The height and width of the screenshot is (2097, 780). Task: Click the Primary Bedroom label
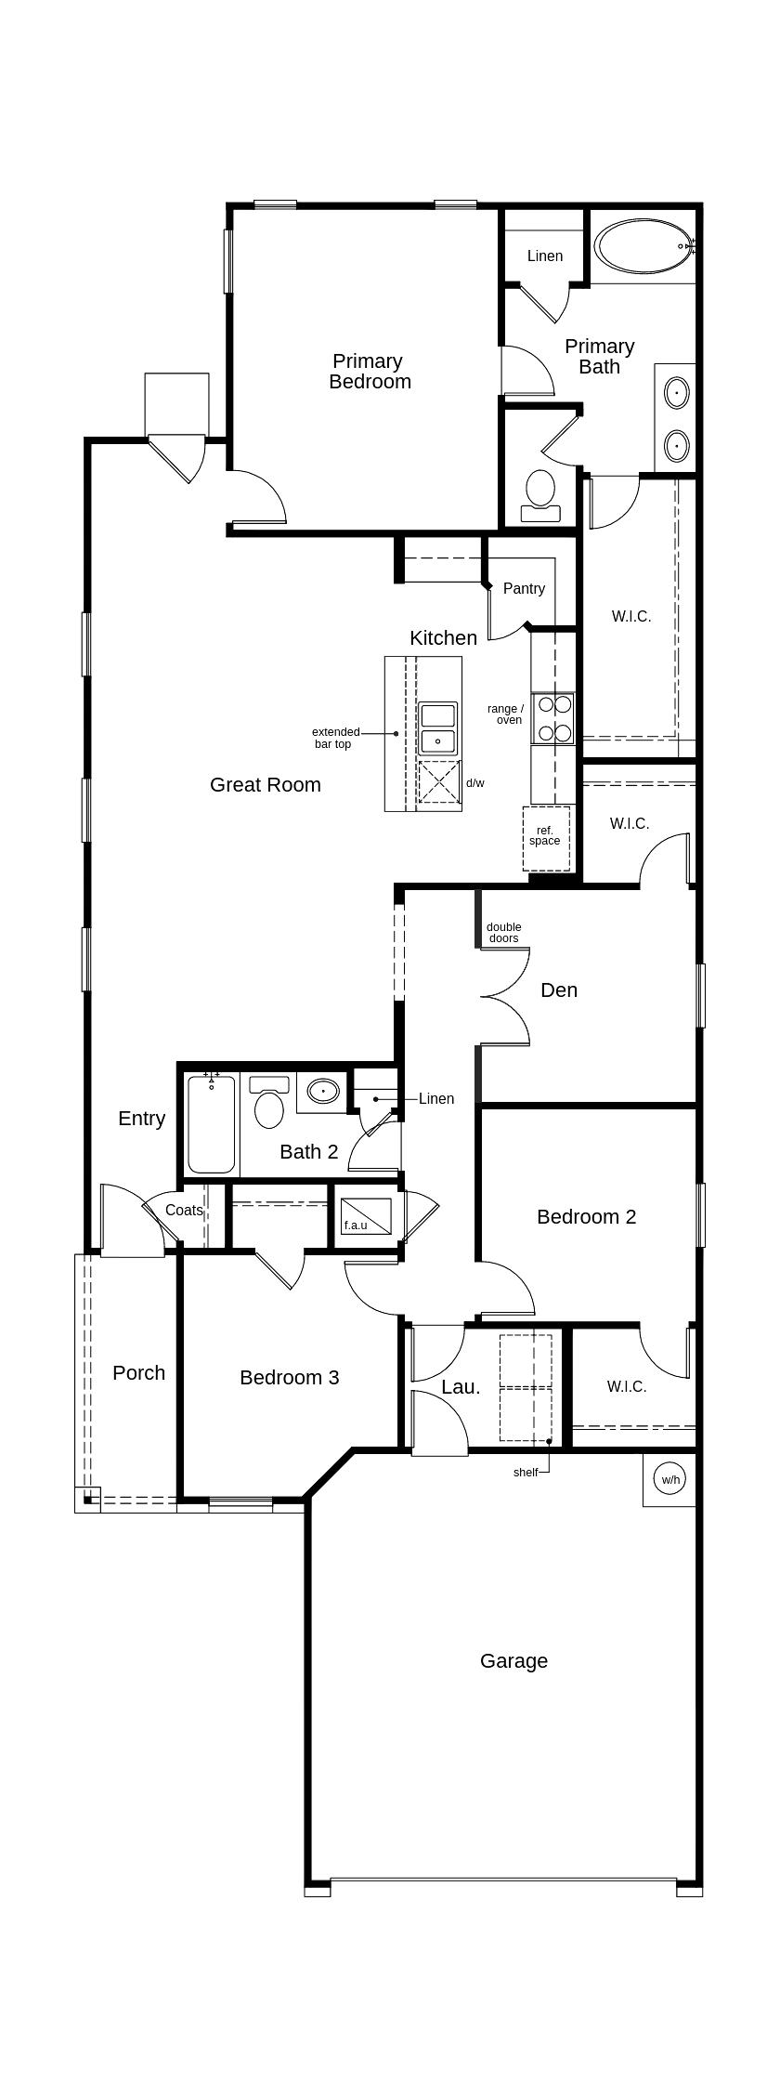click(369, 372)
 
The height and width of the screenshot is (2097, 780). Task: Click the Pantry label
click(524, 588)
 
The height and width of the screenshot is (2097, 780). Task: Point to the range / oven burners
click(553, 718)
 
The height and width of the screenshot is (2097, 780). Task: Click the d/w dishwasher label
click(474, 783)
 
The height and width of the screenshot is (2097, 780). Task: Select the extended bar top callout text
click(333, 738)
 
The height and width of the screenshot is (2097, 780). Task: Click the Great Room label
click(265, 784)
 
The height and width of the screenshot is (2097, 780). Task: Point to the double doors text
click(503, 932)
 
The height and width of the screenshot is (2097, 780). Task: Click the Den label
click(558, 990)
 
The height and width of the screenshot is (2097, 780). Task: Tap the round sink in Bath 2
click(323, 1091)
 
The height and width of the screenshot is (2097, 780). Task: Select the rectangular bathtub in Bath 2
click(212, 1123)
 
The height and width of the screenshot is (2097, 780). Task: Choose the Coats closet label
click(184, 1210)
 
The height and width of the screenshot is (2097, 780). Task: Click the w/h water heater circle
click(670, 1479)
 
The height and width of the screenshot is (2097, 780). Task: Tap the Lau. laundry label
click(461, 1387)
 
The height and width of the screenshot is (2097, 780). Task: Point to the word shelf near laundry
click(525, 1472)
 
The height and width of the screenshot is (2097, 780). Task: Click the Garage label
click(513, 1660)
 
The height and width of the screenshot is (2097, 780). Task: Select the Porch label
click(138, 1372)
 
